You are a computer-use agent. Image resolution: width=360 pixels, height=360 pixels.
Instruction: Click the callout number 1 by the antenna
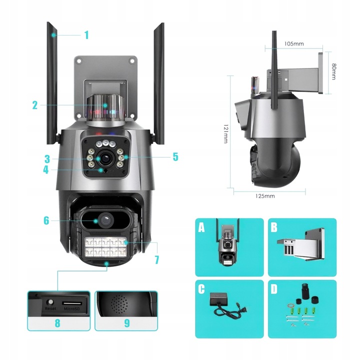(86, 35)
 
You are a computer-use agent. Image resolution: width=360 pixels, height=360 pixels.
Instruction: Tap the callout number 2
(35, 105)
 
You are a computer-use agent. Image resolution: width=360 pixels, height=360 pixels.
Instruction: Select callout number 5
(175, 156)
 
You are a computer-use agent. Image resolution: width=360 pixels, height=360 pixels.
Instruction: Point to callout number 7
(156, 259)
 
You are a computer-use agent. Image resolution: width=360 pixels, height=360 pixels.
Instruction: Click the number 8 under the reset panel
(57, 322)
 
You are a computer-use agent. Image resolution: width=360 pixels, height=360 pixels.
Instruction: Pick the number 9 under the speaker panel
(126, 322)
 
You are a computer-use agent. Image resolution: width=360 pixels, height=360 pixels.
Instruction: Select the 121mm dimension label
(226, 134)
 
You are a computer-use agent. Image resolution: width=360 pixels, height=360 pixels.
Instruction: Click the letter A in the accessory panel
(201, 228)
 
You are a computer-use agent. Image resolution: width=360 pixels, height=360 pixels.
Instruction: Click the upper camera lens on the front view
(106, 158)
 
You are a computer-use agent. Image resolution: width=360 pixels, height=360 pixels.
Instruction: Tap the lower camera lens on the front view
(103, 219)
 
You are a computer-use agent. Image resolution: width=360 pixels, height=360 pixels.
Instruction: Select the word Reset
(50, 308)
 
